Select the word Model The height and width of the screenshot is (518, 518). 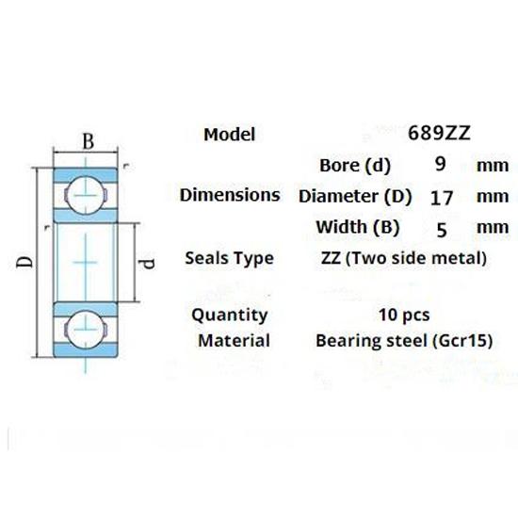[x=229, y=135]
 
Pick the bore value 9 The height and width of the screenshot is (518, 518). [x=440, y=165]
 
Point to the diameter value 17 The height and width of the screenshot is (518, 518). [x=440, y=197]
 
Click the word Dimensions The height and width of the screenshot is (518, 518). [x=230, y=196]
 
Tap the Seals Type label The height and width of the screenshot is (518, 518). [x=230, y=258]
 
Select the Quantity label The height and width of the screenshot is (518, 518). [x=229, y=315]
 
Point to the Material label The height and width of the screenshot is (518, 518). [x=234, y=340]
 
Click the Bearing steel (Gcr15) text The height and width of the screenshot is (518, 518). [x=404, y=340]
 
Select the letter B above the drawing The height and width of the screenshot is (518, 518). [x=88, y=142]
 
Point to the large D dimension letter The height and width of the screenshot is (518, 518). [x=24, y=257]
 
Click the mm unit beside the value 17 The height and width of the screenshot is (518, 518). [x=492, y=197]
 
